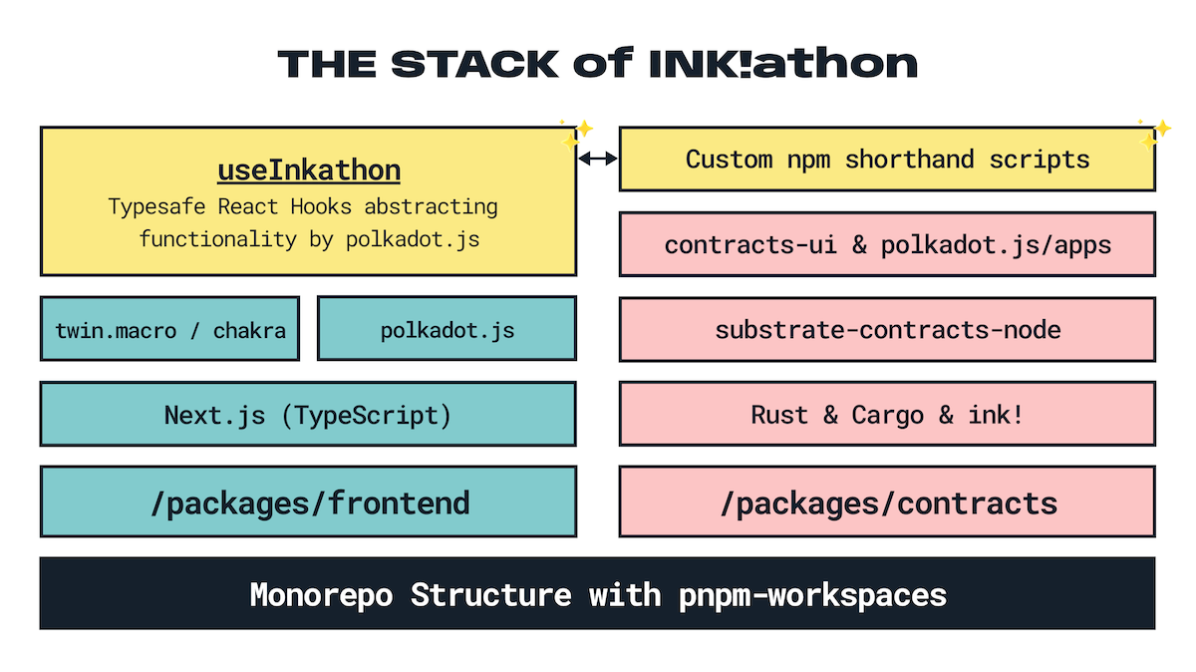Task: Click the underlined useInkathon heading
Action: (309, 170)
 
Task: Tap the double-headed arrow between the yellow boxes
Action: (598, 158)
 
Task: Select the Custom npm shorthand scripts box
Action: (887, 160)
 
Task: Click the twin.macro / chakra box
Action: (169, 329)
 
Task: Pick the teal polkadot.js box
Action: (447, 329)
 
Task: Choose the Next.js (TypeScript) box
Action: (308, 414)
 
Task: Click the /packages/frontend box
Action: (308, 502)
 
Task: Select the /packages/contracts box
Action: (887, 502)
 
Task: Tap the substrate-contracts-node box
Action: (887, 329)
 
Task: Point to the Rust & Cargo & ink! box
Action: (887, 414)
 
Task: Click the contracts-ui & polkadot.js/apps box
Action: (887, 244)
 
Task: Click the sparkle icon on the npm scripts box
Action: (1154, 133)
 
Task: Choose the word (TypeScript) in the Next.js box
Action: (367, 414)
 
